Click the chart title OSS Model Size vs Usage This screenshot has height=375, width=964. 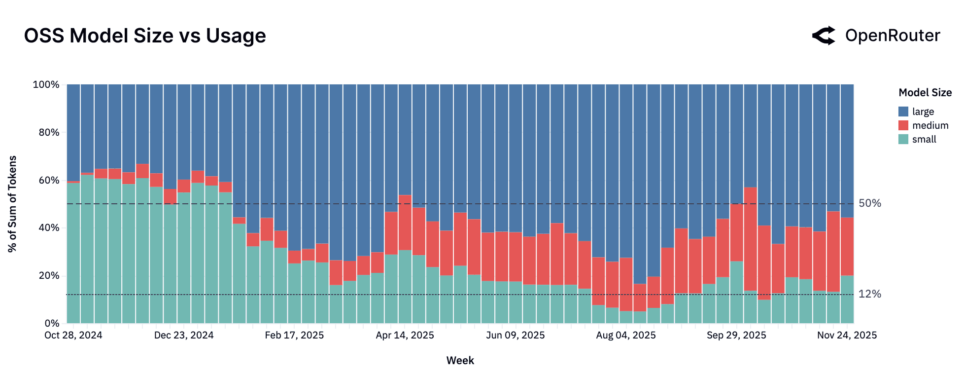[145, 36]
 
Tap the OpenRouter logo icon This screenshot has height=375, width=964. [824, 36]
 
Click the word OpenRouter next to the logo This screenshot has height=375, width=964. [893, 36]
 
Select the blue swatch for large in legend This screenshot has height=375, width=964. [903, 112]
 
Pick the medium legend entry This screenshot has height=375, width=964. [930, 125]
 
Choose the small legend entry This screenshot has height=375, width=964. [924, 139]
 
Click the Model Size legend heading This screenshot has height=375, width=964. [925, 93]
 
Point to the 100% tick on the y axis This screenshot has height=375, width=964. [46, 84]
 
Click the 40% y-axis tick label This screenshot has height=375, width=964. [48, 227]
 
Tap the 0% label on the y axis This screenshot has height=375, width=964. [52, 323]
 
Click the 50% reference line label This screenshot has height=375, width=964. [869, 203]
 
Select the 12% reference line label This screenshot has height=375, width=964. [869, 294]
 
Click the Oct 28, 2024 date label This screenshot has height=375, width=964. [73, 336]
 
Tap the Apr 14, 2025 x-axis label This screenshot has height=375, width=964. [405, 336]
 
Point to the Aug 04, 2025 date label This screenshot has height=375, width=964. [625, 336]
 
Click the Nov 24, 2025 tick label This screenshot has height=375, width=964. [847, 336]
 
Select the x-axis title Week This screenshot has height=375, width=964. [460, 361]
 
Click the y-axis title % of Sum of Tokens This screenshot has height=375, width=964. [12, 204]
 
